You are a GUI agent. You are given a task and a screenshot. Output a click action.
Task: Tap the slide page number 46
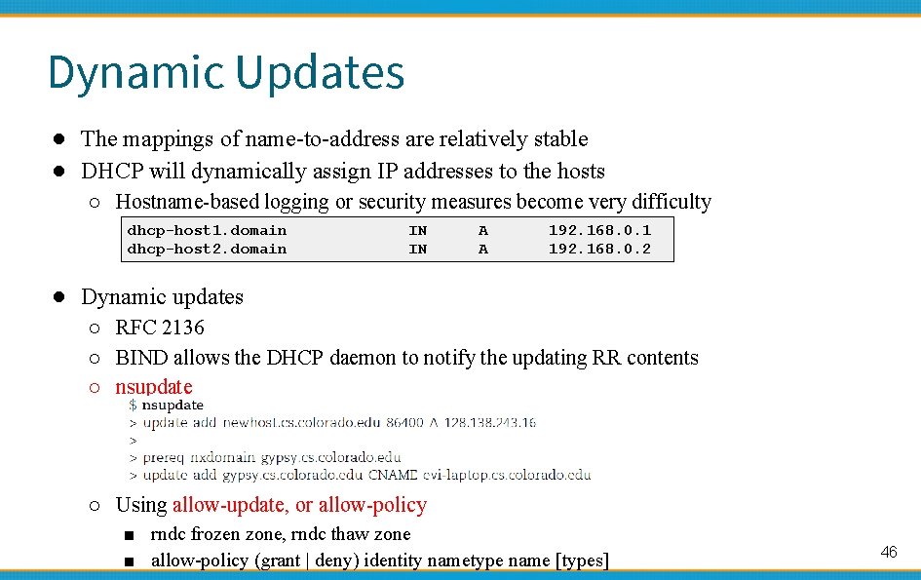[x=888, y=553]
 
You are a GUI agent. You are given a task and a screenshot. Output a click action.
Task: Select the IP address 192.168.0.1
[x=599, y=230]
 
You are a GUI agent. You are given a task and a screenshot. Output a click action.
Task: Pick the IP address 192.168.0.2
[x=599, y=250]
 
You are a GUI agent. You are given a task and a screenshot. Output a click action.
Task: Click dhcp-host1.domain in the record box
[x=207, y=230]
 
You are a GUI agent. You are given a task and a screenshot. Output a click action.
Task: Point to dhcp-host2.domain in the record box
[x=207, y=250]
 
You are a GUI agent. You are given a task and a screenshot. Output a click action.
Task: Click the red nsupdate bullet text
[x=154, y=387]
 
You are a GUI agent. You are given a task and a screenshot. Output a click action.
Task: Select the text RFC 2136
[x=160, y=328]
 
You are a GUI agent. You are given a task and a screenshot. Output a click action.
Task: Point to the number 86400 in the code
[x=405, y=422]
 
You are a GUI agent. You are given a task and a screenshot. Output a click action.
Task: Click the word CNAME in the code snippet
[x=394, y=475]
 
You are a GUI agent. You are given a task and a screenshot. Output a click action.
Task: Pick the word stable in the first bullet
[x=560, y=139]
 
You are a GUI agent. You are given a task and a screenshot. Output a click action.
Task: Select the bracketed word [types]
[x=582, y=561]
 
